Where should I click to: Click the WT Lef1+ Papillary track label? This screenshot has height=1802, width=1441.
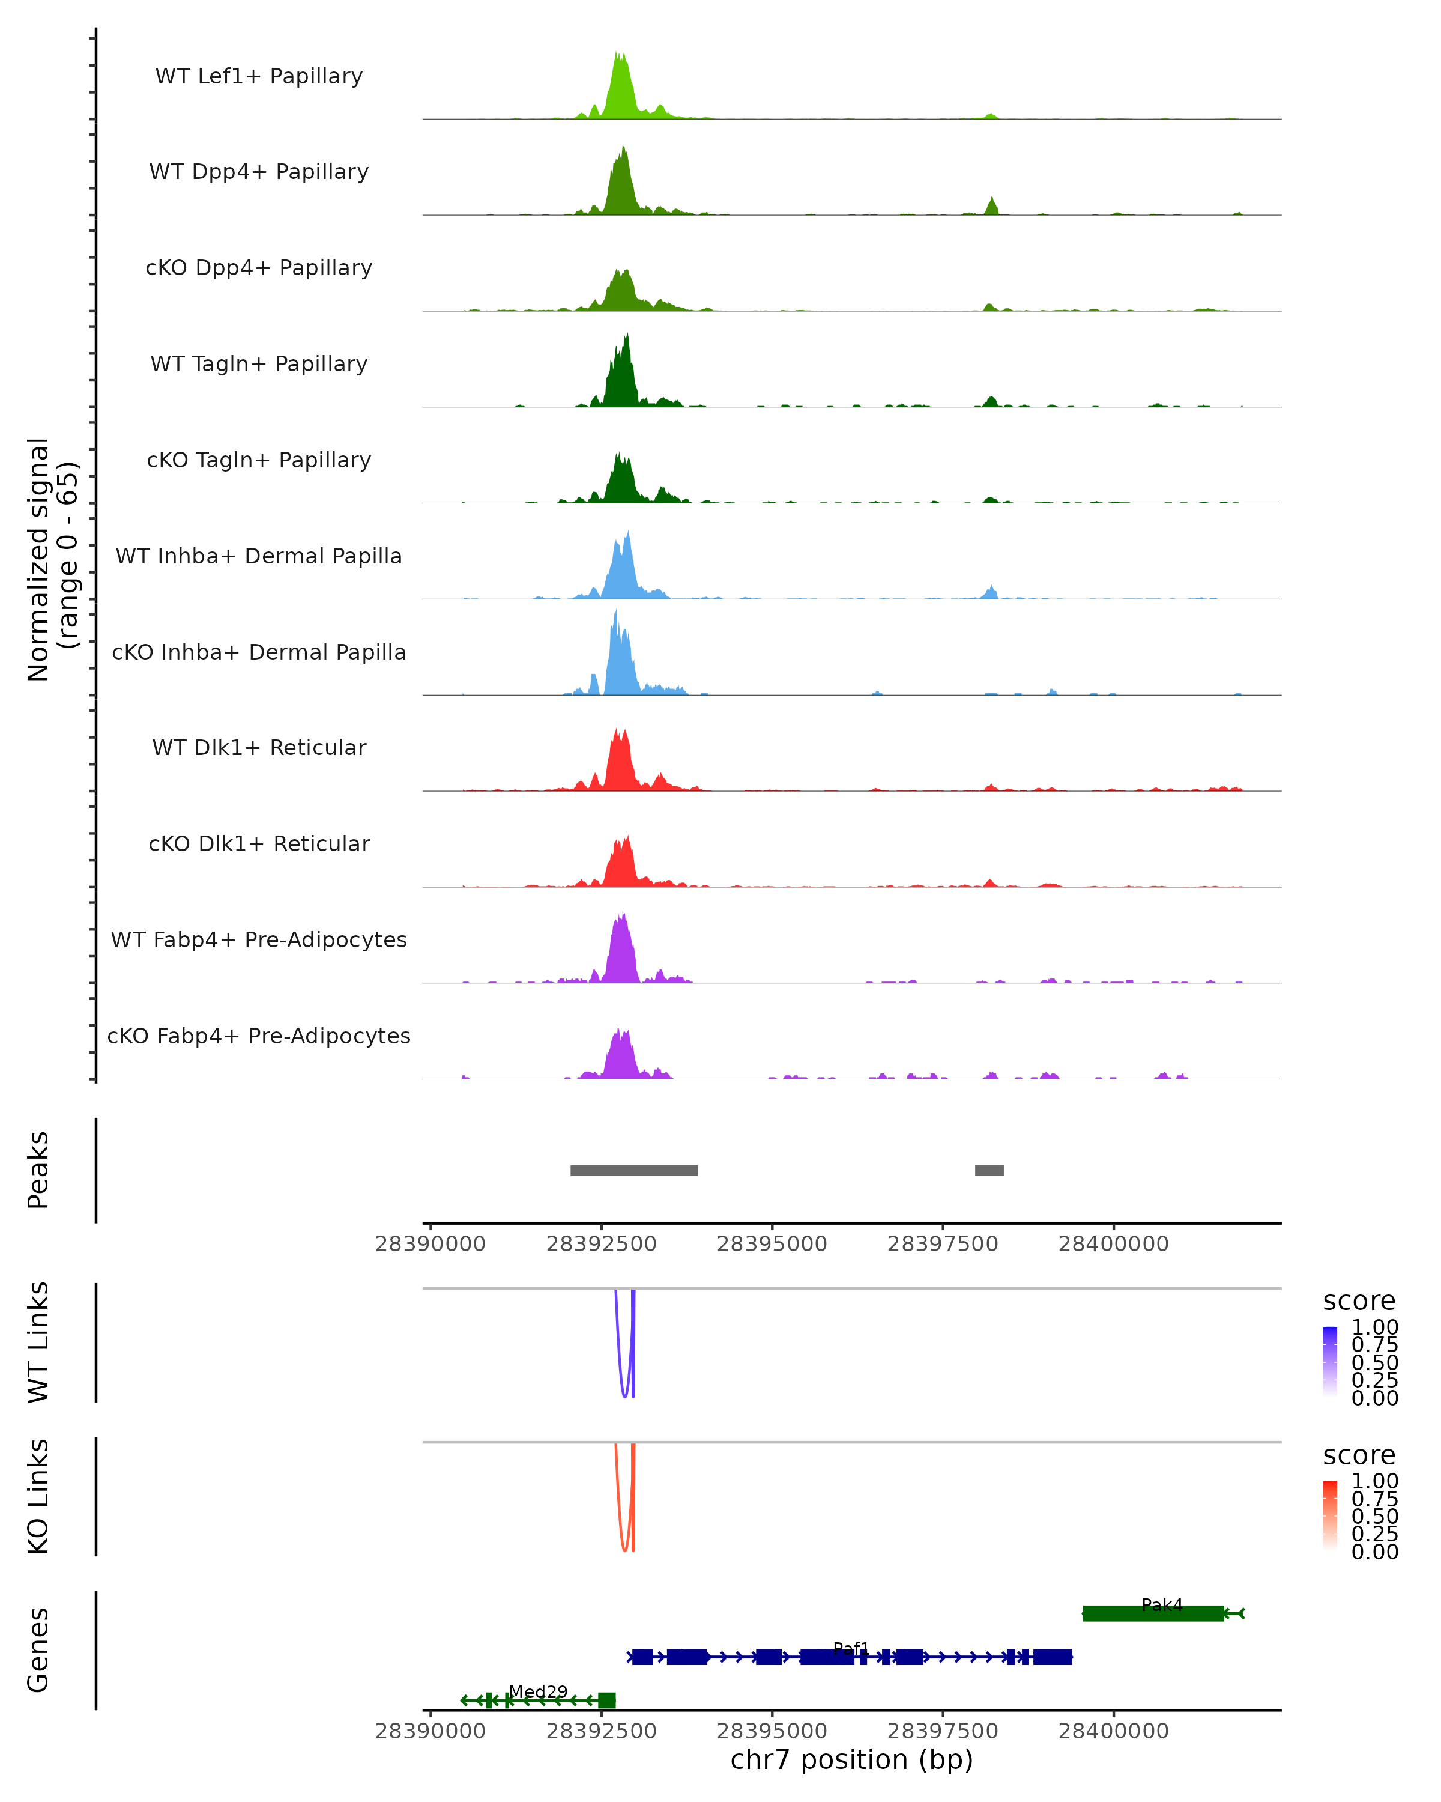[259, 76]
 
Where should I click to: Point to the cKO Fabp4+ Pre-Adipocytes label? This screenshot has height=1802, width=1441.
[259, 1036]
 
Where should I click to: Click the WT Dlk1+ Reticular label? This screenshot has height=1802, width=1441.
[259, 747]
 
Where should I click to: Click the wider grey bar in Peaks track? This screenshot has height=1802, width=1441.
[634, 1170]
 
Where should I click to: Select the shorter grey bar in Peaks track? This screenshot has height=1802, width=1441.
[989, 1170]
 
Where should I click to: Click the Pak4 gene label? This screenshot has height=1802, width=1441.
[1162, 1605]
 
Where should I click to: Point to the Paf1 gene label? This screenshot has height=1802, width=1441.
[851, 1648]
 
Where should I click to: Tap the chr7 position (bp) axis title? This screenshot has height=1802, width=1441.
[851, 1760]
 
